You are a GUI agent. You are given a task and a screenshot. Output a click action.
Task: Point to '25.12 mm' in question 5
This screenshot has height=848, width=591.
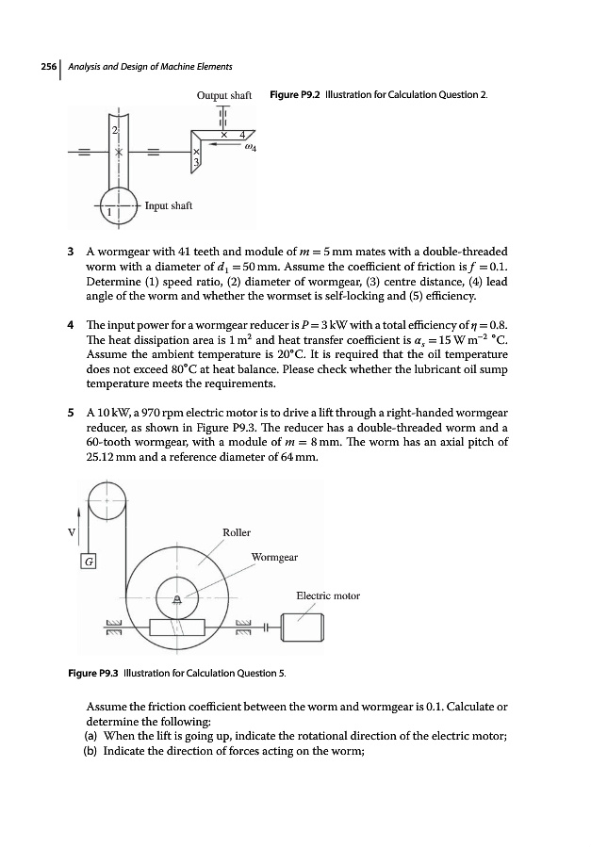point(109,458)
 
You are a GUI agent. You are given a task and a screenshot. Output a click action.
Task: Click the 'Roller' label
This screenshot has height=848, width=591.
point(236,532)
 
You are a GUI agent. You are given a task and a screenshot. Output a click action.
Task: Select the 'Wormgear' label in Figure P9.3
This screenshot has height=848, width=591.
point(274,557)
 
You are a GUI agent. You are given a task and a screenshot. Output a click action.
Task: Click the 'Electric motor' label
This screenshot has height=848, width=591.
point(328,595)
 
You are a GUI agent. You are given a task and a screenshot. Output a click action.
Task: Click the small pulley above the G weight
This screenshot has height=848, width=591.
point(107,499)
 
